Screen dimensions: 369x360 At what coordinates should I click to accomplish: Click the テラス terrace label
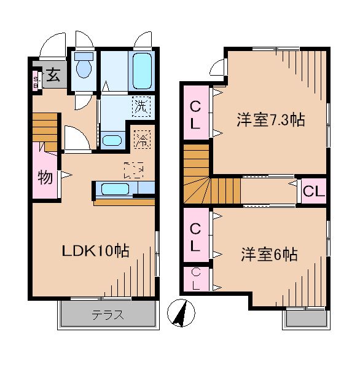coord(108,316)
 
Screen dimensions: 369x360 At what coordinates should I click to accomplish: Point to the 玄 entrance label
coord(53,76)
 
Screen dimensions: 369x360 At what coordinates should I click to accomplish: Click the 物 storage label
coord(45,178)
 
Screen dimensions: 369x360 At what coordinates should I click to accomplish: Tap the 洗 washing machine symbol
coord(141,106)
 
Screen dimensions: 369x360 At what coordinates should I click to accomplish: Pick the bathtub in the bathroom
coord(140,71)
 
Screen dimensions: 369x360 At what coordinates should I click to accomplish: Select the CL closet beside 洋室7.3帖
coord(194,114)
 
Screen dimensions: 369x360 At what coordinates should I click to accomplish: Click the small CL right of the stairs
coord(312,191)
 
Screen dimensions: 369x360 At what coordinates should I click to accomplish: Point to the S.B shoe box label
coord(36,79)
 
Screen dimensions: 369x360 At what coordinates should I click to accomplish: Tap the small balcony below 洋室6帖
coord(305,317)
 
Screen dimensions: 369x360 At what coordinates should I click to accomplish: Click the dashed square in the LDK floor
coord(133,169)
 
